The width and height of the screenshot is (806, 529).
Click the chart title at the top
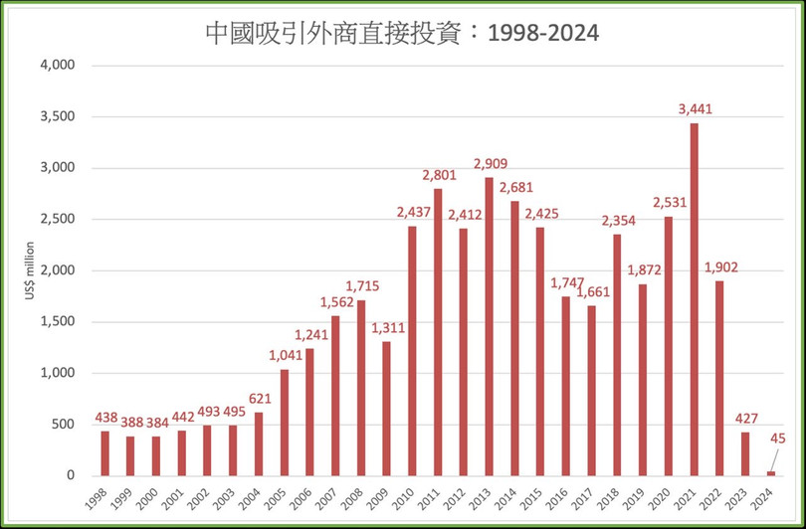pos(402,33)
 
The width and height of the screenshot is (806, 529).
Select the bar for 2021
pos(694,299)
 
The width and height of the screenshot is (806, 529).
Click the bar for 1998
pos(105,453)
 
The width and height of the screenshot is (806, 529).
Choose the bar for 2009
pos(387,409)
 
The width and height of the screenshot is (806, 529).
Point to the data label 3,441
pos(694,109)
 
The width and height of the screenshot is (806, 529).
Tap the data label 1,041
pos(285,356)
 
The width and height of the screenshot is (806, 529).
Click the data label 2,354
pos(617,221)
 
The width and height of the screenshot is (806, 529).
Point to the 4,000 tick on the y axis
pos(58,66)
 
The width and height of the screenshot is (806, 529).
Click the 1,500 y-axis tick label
pos(58,322)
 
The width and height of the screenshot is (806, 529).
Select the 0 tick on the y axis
pos(71,476)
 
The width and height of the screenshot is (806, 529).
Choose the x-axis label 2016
pos(562,497)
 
